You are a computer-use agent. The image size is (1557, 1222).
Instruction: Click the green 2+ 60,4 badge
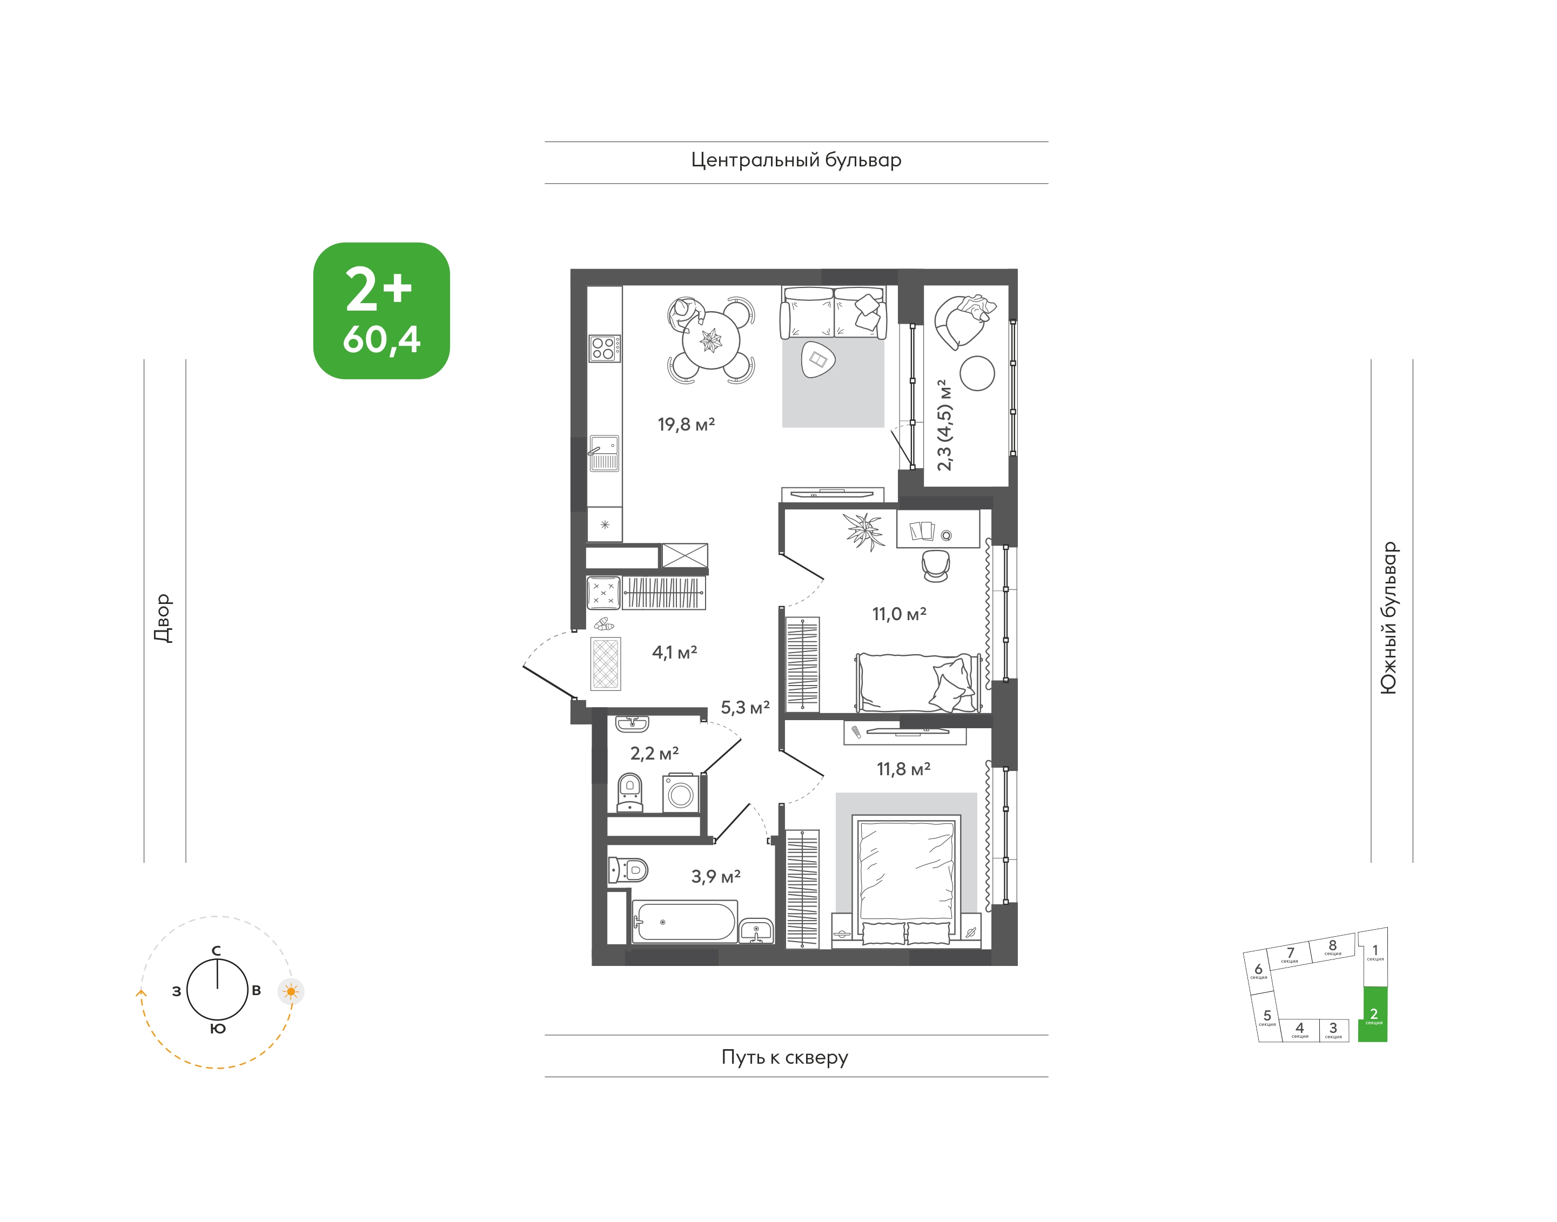(x=381, y=311)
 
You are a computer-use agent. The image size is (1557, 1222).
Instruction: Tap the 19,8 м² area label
(x=686, y=424)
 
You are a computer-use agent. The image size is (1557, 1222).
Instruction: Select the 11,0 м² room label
(x=900, y=614)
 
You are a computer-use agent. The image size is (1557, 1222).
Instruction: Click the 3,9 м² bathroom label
(x=715, y=876)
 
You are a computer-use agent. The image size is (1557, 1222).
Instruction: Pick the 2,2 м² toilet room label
(x=654, y=754)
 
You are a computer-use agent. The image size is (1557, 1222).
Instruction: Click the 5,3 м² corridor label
(x=745, y=708)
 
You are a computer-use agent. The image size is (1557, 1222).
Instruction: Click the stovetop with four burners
(x=605, y=348)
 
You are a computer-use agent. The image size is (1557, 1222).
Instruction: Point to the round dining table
(x=710, y=340)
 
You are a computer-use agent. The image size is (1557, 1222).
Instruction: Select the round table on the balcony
(x=977, y=373)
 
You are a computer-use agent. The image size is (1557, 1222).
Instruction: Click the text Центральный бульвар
(x=796, y=160)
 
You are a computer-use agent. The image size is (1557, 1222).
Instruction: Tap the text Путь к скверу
(x=785, y=1057)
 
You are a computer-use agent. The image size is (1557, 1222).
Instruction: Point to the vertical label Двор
(x=163, y=618)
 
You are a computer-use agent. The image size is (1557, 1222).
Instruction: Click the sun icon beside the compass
(x=291, y=992)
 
